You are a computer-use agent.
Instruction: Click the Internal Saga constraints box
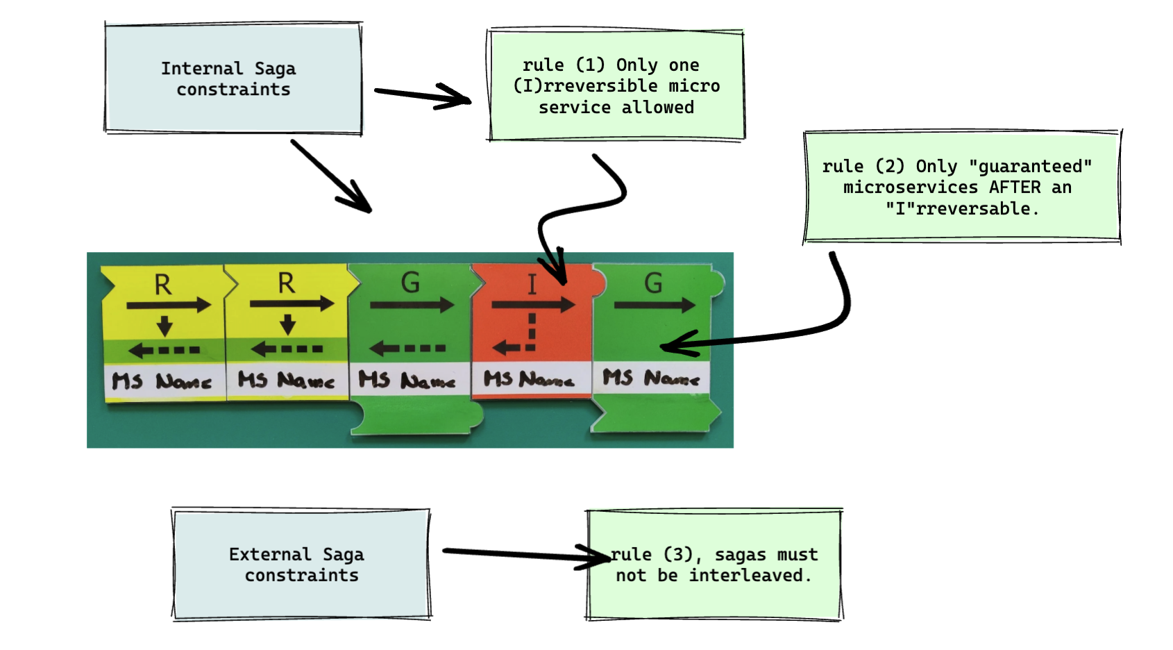(233, 78)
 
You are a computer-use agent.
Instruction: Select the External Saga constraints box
(301, 564)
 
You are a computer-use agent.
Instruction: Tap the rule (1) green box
(616, 85)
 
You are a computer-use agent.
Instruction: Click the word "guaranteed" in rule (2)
(1030, 167)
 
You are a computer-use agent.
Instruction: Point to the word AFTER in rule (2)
(1015, 187)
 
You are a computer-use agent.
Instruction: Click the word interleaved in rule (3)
(746, 576)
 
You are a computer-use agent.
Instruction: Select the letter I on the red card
(532, 284)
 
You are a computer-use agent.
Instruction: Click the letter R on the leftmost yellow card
(162, 285)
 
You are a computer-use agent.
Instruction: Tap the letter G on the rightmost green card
(653, 283)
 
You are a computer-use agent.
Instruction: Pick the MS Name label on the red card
(529, 379)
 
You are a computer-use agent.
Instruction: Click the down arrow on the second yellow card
(287, 324)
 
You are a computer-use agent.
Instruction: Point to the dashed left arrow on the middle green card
(408, 348)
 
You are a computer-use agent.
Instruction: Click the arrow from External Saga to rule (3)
(525, 554)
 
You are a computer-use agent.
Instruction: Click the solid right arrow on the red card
(532, 305)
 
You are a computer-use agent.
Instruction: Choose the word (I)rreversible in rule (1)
(585, 86)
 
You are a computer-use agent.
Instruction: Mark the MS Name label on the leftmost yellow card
(162, 381)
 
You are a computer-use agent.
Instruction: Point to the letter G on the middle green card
(410, 283)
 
